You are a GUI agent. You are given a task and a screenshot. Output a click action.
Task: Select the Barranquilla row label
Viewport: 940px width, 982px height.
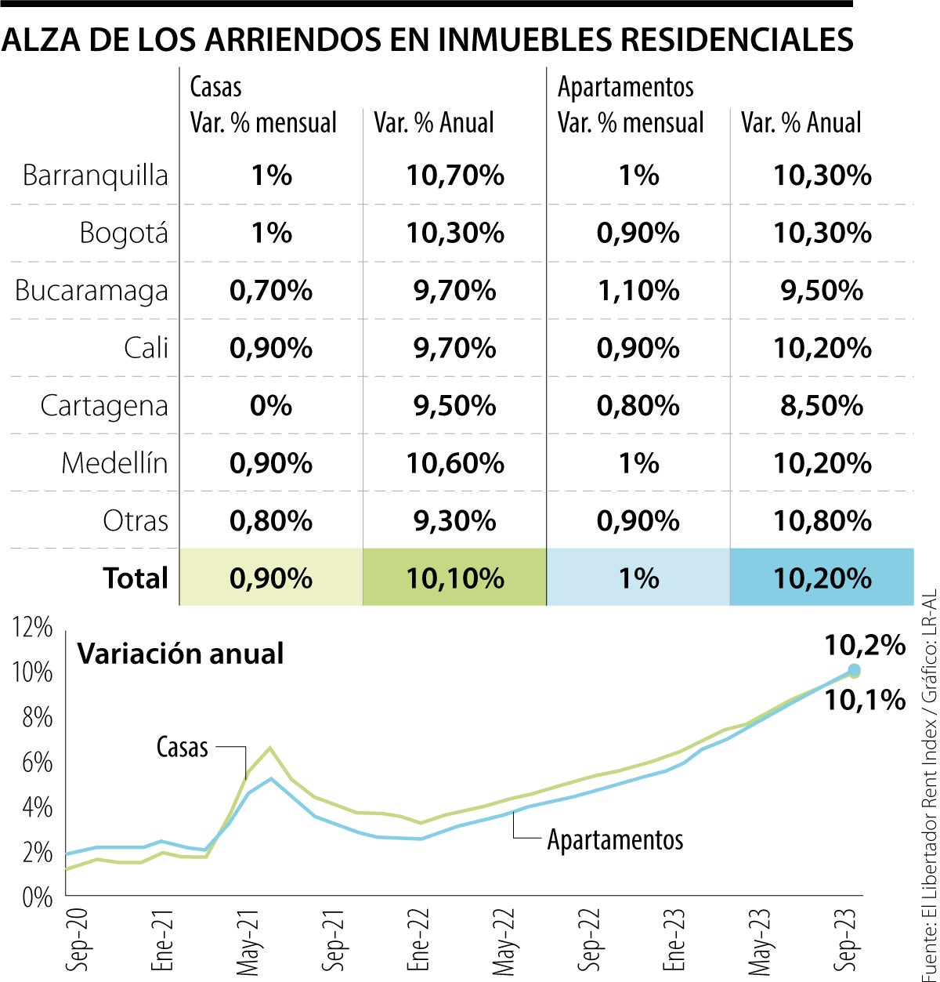(x=95, y=175)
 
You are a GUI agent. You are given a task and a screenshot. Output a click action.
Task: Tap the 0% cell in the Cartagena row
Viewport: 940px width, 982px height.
(x=271, y=406)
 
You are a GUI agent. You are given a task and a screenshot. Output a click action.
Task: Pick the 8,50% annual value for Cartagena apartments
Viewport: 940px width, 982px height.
(x=822, y=406)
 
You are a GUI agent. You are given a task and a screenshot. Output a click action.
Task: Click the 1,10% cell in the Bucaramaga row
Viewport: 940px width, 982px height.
(x=638, y=291)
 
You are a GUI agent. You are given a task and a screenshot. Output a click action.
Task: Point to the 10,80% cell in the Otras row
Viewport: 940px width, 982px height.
(x=822, y=521)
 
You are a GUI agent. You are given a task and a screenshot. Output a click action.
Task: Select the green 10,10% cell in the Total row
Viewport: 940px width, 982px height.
(x=454, y=578)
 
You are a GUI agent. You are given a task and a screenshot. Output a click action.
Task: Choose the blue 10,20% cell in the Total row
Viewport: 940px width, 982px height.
(x=822, y=578)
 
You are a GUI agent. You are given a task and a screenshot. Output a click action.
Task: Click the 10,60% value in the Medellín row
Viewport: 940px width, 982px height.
(x=454, y=463)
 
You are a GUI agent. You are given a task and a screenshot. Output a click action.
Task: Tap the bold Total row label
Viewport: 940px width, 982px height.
(x=136, y=578)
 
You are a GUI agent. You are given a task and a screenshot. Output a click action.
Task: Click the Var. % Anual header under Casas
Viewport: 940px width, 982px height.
(x=434, y=123)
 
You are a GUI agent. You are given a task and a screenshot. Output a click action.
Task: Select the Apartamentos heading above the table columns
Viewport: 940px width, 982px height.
(x=625, y=87)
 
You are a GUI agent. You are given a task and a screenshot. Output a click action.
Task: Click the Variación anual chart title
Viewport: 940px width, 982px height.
(x=180, y=654)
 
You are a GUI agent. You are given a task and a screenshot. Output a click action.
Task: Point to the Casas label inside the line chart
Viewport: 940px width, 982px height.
(x=182, y=747)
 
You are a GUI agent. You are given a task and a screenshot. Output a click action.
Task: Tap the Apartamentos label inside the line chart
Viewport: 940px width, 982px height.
(x=615, y=839)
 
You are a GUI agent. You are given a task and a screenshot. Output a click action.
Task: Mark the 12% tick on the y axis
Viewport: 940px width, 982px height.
(x=33, y=628)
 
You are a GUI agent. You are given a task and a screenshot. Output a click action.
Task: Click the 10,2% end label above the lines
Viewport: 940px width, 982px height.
(x=865, y=646)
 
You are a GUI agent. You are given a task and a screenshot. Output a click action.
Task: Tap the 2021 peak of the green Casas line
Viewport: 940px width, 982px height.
(x=269, y=748)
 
